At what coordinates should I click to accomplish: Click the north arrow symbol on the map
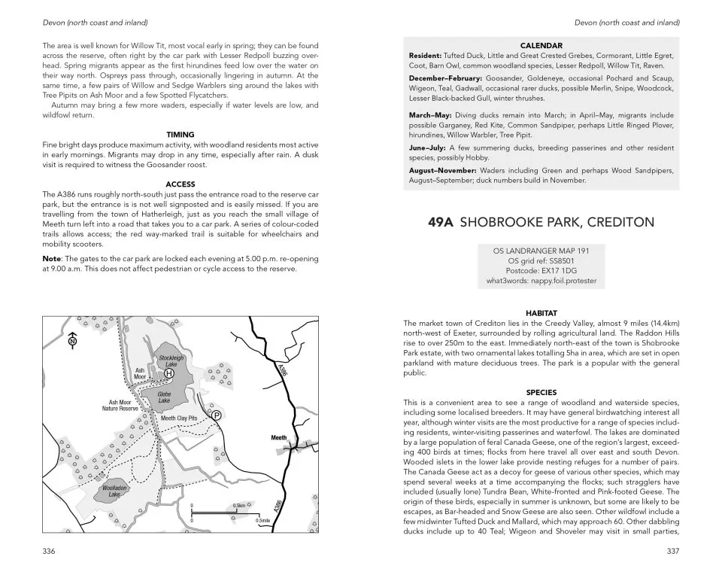[72, 341]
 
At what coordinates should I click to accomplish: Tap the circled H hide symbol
[169, 373]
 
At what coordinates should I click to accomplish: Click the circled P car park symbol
[216, 415]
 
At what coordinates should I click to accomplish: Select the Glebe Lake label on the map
[164, 397]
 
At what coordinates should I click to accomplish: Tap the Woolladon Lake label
[114, 491]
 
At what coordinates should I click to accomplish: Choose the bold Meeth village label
[279, 437]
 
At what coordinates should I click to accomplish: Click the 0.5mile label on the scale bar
[263, 520]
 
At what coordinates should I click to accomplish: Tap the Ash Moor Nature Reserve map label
[120, 406]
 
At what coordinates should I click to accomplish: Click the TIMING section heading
[180, 134]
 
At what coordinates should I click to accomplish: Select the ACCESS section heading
[180, 184]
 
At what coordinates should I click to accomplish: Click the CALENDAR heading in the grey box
[541, 45]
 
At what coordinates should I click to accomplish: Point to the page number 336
[50, 551]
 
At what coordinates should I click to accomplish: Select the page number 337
[673, 551]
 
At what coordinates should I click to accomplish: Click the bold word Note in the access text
[56, 259]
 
